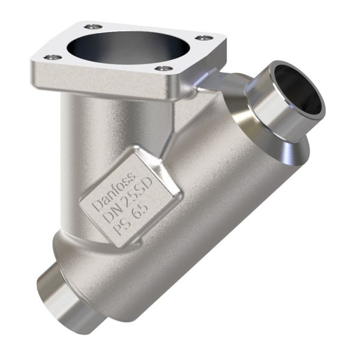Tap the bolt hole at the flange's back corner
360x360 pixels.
(x=94, y=26)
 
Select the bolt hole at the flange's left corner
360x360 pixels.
(x=53, y=57)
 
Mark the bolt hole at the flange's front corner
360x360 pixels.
(x=163, y=68)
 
